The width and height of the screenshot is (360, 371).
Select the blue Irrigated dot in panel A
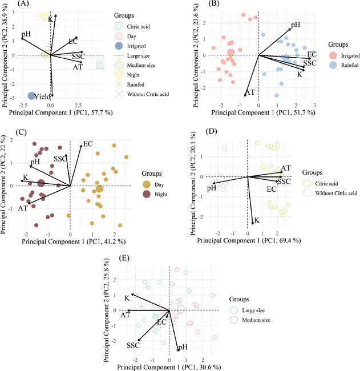tap(31, 96)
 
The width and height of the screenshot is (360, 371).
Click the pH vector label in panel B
tap(296, 25)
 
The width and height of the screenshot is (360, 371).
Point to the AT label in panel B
tap(249, 92)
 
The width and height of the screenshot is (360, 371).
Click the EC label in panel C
tap(88, 144)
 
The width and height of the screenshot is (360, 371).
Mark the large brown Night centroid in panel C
tap(42, 183)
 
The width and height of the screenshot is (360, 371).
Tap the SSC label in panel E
tap(134, 345)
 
